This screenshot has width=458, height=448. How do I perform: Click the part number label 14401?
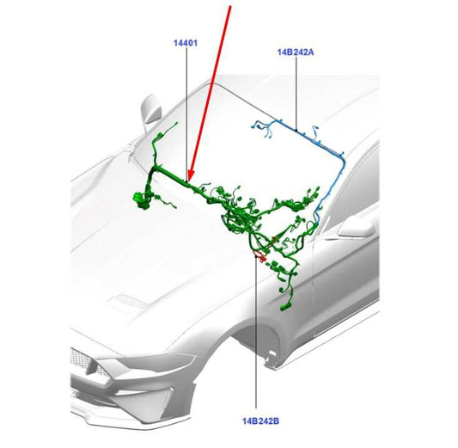[186, 43]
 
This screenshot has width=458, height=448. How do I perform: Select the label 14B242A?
[296, 52]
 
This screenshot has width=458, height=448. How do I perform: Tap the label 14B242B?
[260, 421]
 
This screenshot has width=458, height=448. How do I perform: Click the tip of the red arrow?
[189, 181]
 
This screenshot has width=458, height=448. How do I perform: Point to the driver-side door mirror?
[357, 225]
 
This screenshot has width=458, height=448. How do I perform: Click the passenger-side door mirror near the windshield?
[150, 110]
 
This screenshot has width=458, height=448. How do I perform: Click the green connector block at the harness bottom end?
[287, 306]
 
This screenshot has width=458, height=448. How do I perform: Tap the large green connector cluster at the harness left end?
[142, 199]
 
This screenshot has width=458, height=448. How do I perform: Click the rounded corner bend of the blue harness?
[342, 160]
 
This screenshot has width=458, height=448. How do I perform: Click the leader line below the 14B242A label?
[296, 94]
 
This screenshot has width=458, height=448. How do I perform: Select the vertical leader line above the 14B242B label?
[256, 332]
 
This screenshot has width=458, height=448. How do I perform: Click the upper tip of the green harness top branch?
[176, 124]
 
